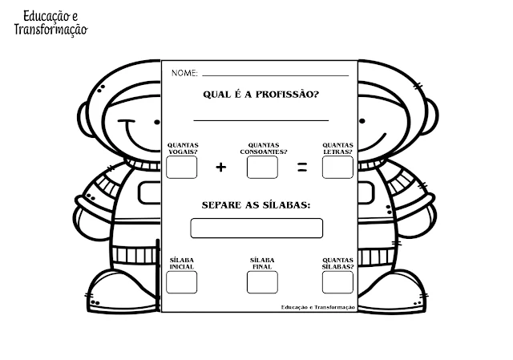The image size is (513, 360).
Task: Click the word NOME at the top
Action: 184,74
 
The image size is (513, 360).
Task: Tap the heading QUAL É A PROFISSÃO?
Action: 256,95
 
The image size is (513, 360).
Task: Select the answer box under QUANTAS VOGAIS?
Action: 181,167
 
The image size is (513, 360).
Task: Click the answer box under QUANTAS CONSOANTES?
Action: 262,167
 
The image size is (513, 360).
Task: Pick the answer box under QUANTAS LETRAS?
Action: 337,167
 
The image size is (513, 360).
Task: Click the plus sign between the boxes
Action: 221,167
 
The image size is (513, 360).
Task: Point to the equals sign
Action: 302,167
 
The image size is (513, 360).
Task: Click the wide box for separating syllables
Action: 256,228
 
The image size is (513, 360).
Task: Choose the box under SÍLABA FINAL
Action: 262,281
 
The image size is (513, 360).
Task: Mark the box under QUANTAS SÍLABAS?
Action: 337,281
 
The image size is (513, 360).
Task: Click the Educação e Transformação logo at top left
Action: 50,22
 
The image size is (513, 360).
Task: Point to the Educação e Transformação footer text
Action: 318,307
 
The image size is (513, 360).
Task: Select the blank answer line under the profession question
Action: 261,120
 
